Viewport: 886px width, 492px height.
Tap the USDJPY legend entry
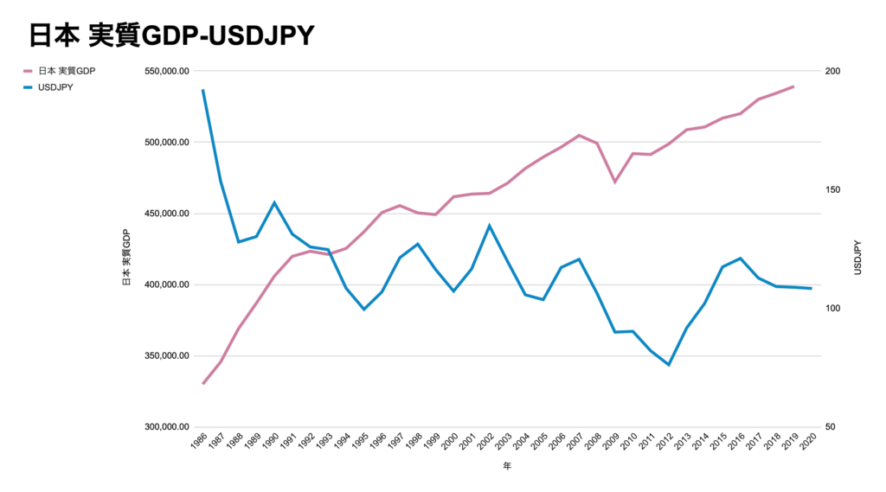(x=55, y=87)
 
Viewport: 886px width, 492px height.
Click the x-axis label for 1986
(x=197, y=444)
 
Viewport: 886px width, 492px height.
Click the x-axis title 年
(x=506, y=468)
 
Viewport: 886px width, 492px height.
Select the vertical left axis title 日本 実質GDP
(x=126, y=259)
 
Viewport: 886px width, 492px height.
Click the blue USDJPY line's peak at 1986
(x=202, y=90)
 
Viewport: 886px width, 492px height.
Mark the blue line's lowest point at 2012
(x=669, y=365)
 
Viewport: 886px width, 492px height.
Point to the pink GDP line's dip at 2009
(x=615, y=182)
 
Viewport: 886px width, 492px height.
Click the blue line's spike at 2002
(x=490, y=226)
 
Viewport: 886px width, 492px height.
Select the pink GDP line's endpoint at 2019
(x=793, y=86)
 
